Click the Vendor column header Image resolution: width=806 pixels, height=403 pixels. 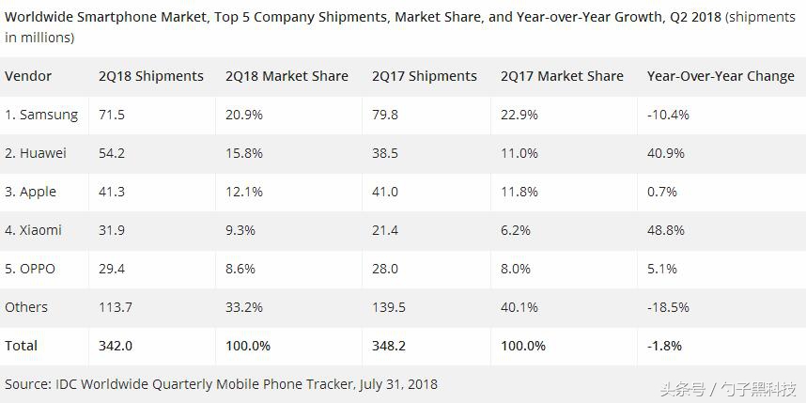coord(28,76)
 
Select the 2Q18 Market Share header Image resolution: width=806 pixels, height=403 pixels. coord(287,76)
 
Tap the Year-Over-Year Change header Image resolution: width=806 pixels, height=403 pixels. coord(721,76)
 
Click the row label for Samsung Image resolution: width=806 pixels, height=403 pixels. coord(41,115)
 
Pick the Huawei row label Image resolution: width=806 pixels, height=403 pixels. coord(38,153)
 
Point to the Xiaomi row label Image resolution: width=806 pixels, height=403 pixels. coord(36,230)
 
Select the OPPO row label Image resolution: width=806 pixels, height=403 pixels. coord(30,269)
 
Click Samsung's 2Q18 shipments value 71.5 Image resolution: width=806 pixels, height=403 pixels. coord(112,115)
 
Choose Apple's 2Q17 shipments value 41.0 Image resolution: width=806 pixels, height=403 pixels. coord(385,192)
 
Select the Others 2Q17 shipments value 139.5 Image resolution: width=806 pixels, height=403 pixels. coord(389,307)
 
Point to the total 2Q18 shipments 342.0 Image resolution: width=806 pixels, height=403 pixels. coord(116,346)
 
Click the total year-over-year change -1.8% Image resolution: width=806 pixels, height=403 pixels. coord(664,346)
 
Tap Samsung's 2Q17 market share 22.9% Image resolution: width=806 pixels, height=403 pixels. coord(519,115)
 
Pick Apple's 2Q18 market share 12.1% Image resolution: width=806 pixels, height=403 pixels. coord(243,192)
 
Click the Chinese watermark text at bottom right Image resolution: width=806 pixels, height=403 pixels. coord(727,388)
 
